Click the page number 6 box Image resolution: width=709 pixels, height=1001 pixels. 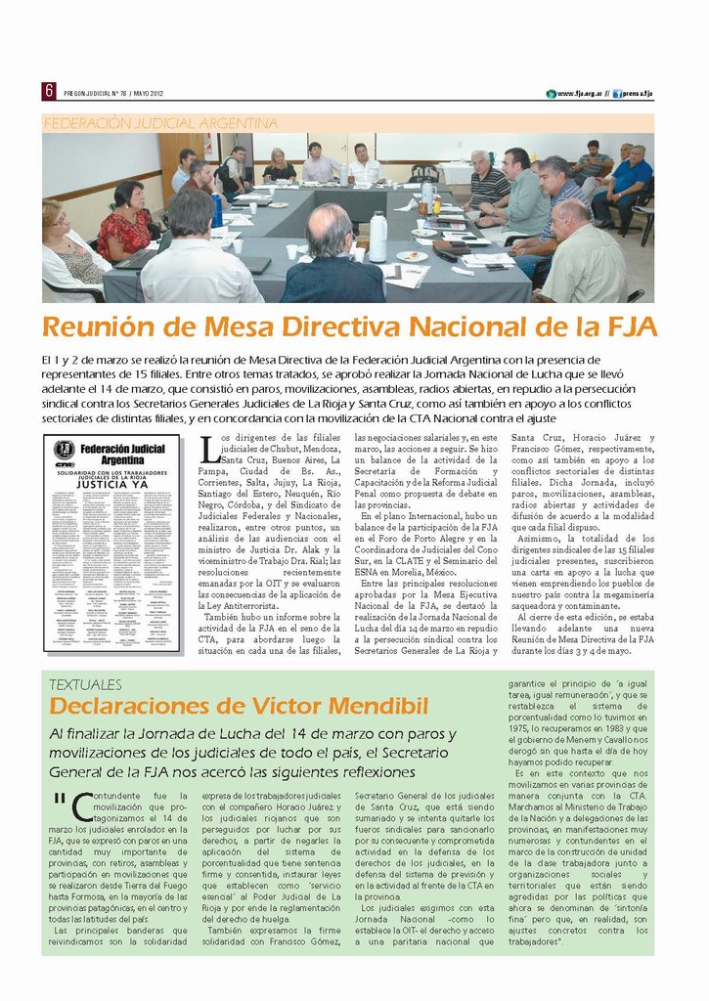coord(48,91)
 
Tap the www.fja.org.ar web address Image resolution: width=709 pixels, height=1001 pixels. coord(577,94)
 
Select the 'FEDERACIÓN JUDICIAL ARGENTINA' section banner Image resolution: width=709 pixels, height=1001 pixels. coord(161,123)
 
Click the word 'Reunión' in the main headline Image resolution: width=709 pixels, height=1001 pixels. coord(98,326)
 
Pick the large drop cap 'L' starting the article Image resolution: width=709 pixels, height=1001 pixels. coord(208,449)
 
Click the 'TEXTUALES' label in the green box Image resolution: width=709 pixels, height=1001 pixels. coord(85,684)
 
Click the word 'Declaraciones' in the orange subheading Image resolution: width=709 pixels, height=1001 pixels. coord(117,706)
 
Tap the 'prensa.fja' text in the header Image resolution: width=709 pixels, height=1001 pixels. coord(636,94)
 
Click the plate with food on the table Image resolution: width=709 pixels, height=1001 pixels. coord(412,256)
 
